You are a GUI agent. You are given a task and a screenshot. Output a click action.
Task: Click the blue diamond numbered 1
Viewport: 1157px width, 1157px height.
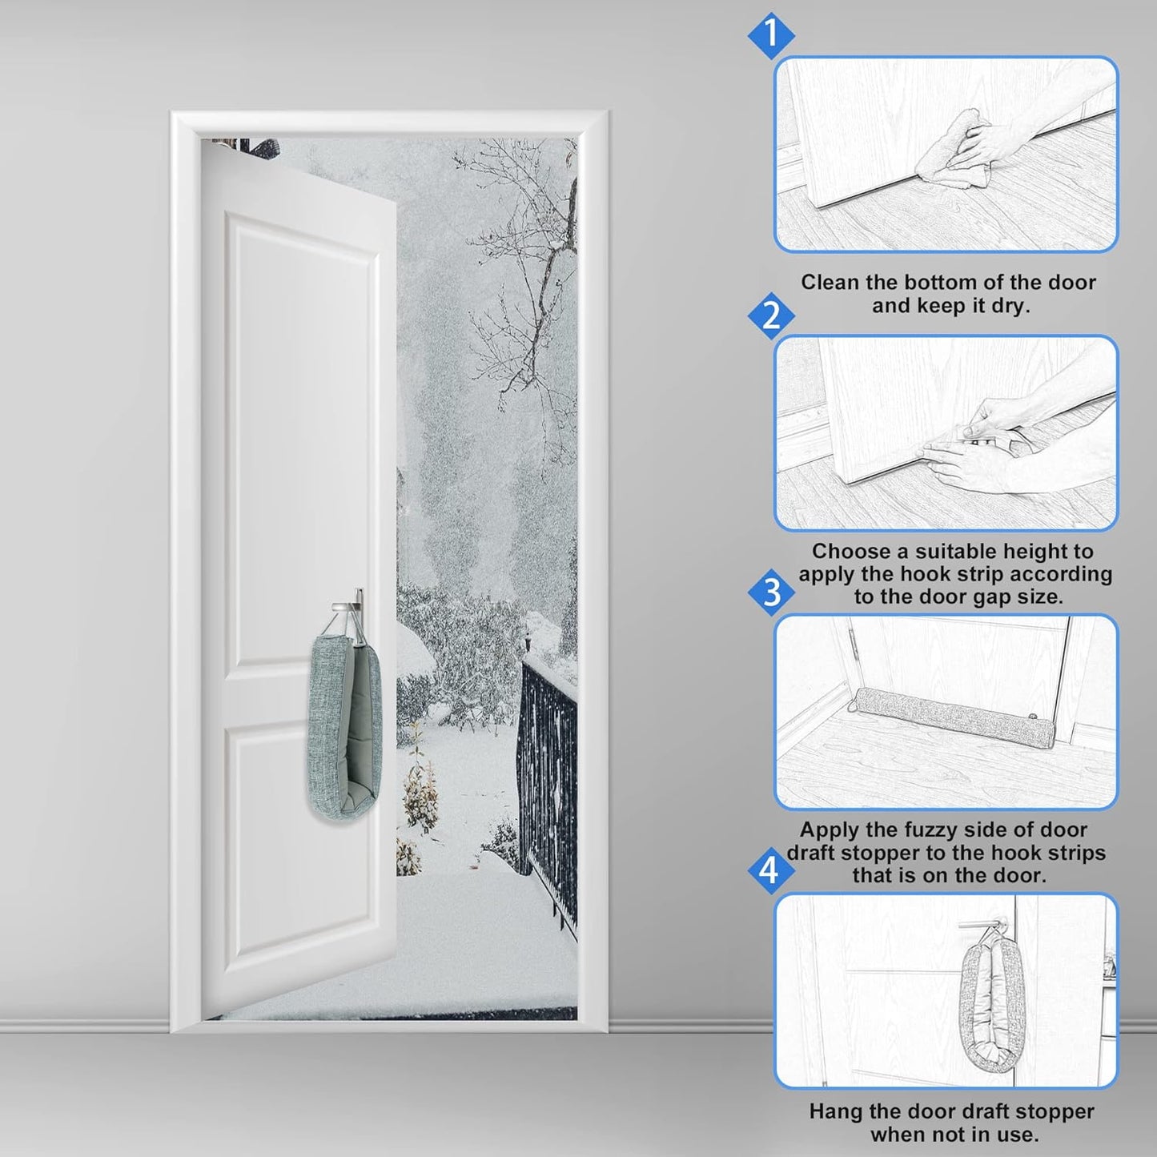(x=770, y=35)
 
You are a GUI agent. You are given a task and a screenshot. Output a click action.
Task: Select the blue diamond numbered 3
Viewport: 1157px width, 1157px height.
(x=770, y=593)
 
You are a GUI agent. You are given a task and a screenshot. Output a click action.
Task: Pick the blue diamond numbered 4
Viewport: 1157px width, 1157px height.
(x=770, y=870)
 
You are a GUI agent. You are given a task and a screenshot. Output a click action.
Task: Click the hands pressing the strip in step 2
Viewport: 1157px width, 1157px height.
(x=977, y=448)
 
